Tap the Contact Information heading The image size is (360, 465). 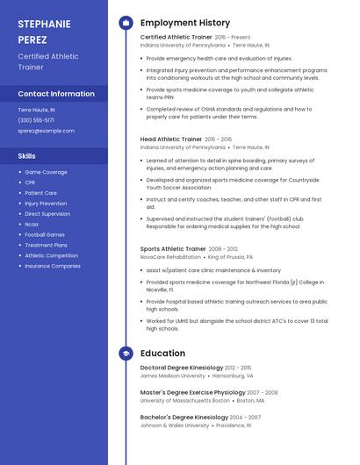point(56,94)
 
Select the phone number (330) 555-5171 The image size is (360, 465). point(36,120)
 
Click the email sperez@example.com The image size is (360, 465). point(47,131)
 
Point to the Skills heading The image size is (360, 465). point(27,155)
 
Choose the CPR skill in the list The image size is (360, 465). point(31,182)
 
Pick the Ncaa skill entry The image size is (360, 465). point(32,225)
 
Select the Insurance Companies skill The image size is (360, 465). point(53,266)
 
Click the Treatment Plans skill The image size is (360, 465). point(46,245)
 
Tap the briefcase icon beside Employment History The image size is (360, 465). point(126,23)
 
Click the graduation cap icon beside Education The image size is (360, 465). point(126,354)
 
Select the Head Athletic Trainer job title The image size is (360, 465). point(171,139)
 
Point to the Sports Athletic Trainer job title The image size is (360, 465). point(173,249)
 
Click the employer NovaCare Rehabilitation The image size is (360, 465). point(170,257)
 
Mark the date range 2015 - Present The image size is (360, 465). point(233,38)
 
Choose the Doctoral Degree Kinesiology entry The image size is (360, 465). point(182,368)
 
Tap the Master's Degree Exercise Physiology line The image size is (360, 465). point(192,392)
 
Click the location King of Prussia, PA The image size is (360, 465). point(230,257)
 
